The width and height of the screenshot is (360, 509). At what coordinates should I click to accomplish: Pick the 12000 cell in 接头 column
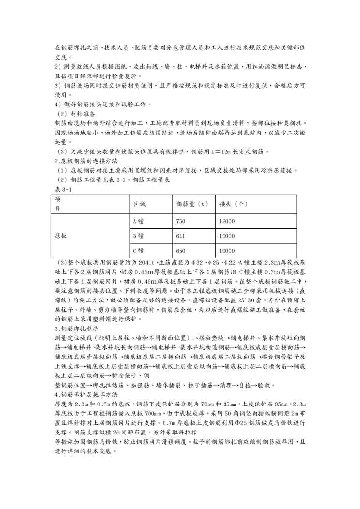[227, 222]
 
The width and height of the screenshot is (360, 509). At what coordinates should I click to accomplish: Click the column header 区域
[139, 204]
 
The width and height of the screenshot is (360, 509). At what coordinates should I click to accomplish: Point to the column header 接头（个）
[234, 204]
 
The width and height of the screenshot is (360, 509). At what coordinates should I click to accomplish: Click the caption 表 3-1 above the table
[63, 190]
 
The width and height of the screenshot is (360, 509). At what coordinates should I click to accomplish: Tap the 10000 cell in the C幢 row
[227, 251]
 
